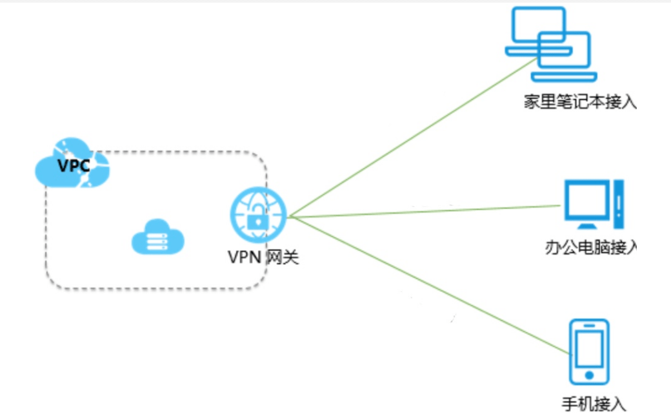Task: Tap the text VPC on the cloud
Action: [x=73, y=165]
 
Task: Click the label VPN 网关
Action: [x=263, y=257]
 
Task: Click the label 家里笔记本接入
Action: [x=581, y=102]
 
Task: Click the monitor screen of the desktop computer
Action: [x=586, y=200]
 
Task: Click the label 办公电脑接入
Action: [x=591, y=247]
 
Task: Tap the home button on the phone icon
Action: [x=588, y=374]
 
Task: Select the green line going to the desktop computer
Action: [x=426, y=212]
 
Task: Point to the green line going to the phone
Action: [x=426, y=284]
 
